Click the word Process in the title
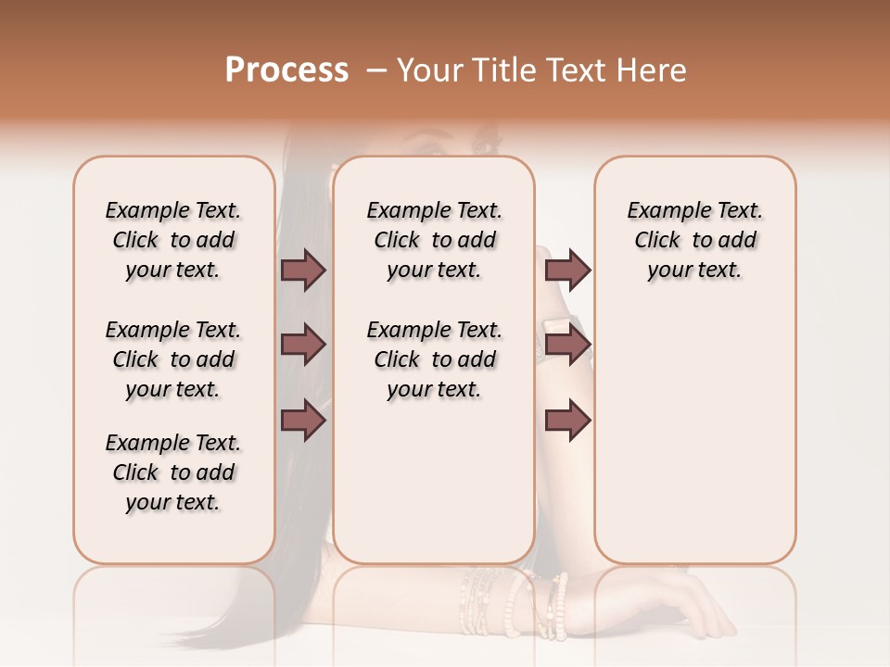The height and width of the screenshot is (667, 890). (x=286, y=70)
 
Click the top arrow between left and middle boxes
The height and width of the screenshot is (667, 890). (x=303, y=270)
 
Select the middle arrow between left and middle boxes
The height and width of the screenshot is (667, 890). (x=303, y=345)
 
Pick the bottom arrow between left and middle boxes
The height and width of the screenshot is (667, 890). (x=303, y=420)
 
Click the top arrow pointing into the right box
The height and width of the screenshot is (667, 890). (x=567, y=270)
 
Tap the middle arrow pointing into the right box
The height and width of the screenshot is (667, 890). (x=567, y=345)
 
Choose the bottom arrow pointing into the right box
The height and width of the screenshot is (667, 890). (x=567, y=420)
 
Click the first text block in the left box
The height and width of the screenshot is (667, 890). (x=173, y=240)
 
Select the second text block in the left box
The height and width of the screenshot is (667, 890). (x=173, y=359)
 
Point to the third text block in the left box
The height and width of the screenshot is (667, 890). (x=173, y=472)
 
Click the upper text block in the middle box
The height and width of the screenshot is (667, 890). (x=434, y=240)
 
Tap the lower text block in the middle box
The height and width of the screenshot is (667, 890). (x=434, y=359)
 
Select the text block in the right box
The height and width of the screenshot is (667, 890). (x=694, y=240)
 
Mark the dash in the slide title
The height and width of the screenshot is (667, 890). (x=375, y=70)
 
